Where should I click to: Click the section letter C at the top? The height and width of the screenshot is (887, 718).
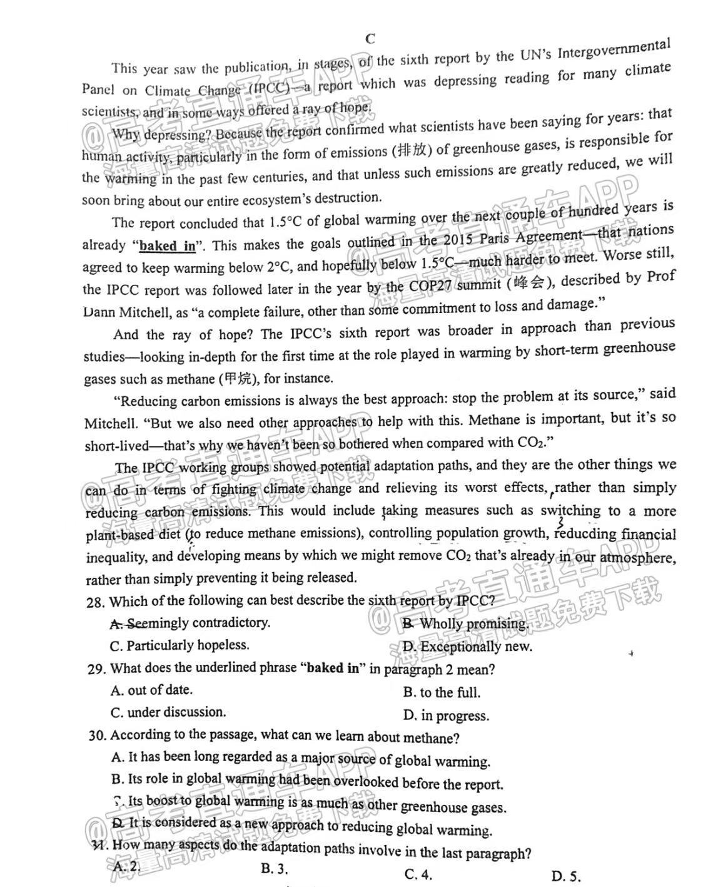pyautogui.click(x=370, y=39)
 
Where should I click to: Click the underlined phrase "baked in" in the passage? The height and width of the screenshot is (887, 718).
pyautogui.click(x=167, y=246)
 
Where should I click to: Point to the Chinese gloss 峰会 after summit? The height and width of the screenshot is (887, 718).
pyautogui.click(x=528, y=283)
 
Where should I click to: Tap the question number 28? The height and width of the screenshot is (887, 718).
pyautogui.click(x=95, y=602)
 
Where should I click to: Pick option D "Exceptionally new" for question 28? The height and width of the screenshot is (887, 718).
pyautogui.click(x=467, y=647)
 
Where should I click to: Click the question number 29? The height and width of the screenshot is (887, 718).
pyautogui.click(x=96, y=669)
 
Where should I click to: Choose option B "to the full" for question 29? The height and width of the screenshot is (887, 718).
pyautogui.click(x=442, y=692)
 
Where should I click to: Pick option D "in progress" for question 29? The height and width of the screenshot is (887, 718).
pyautogui.click(x=446, y=715)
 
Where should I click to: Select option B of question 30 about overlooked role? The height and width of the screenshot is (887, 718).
pyautogui.click(x=306, y=781)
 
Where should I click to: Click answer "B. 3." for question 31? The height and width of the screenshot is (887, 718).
pyautogui.click(x=274, y=868)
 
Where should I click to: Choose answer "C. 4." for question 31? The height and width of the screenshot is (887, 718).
pyautogui.click(x=418, y=874)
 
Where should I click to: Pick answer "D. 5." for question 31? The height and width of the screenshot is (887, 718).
pyautogui.click(x=566, y=876)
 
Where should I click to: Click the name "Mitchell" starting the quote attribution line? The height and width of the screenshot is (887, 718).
pyautogui.click(x=110, y=424)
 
